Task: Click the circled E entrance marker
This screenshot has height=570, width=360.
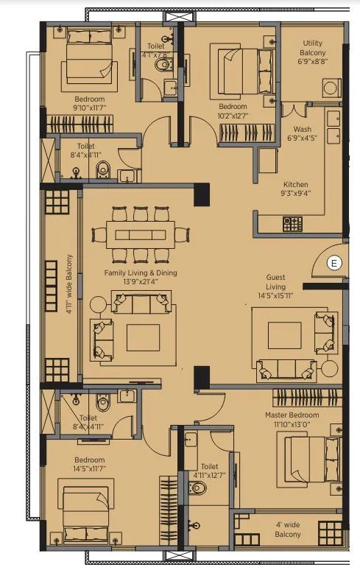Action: coord(334,263)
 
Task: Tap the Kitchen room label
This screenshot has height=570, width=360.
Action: coord(296,189)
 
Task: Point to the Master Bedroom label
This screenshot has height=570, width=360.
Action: coord(291,420)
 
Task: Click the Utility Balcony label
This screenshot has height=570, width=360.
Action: coord(311,57)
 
